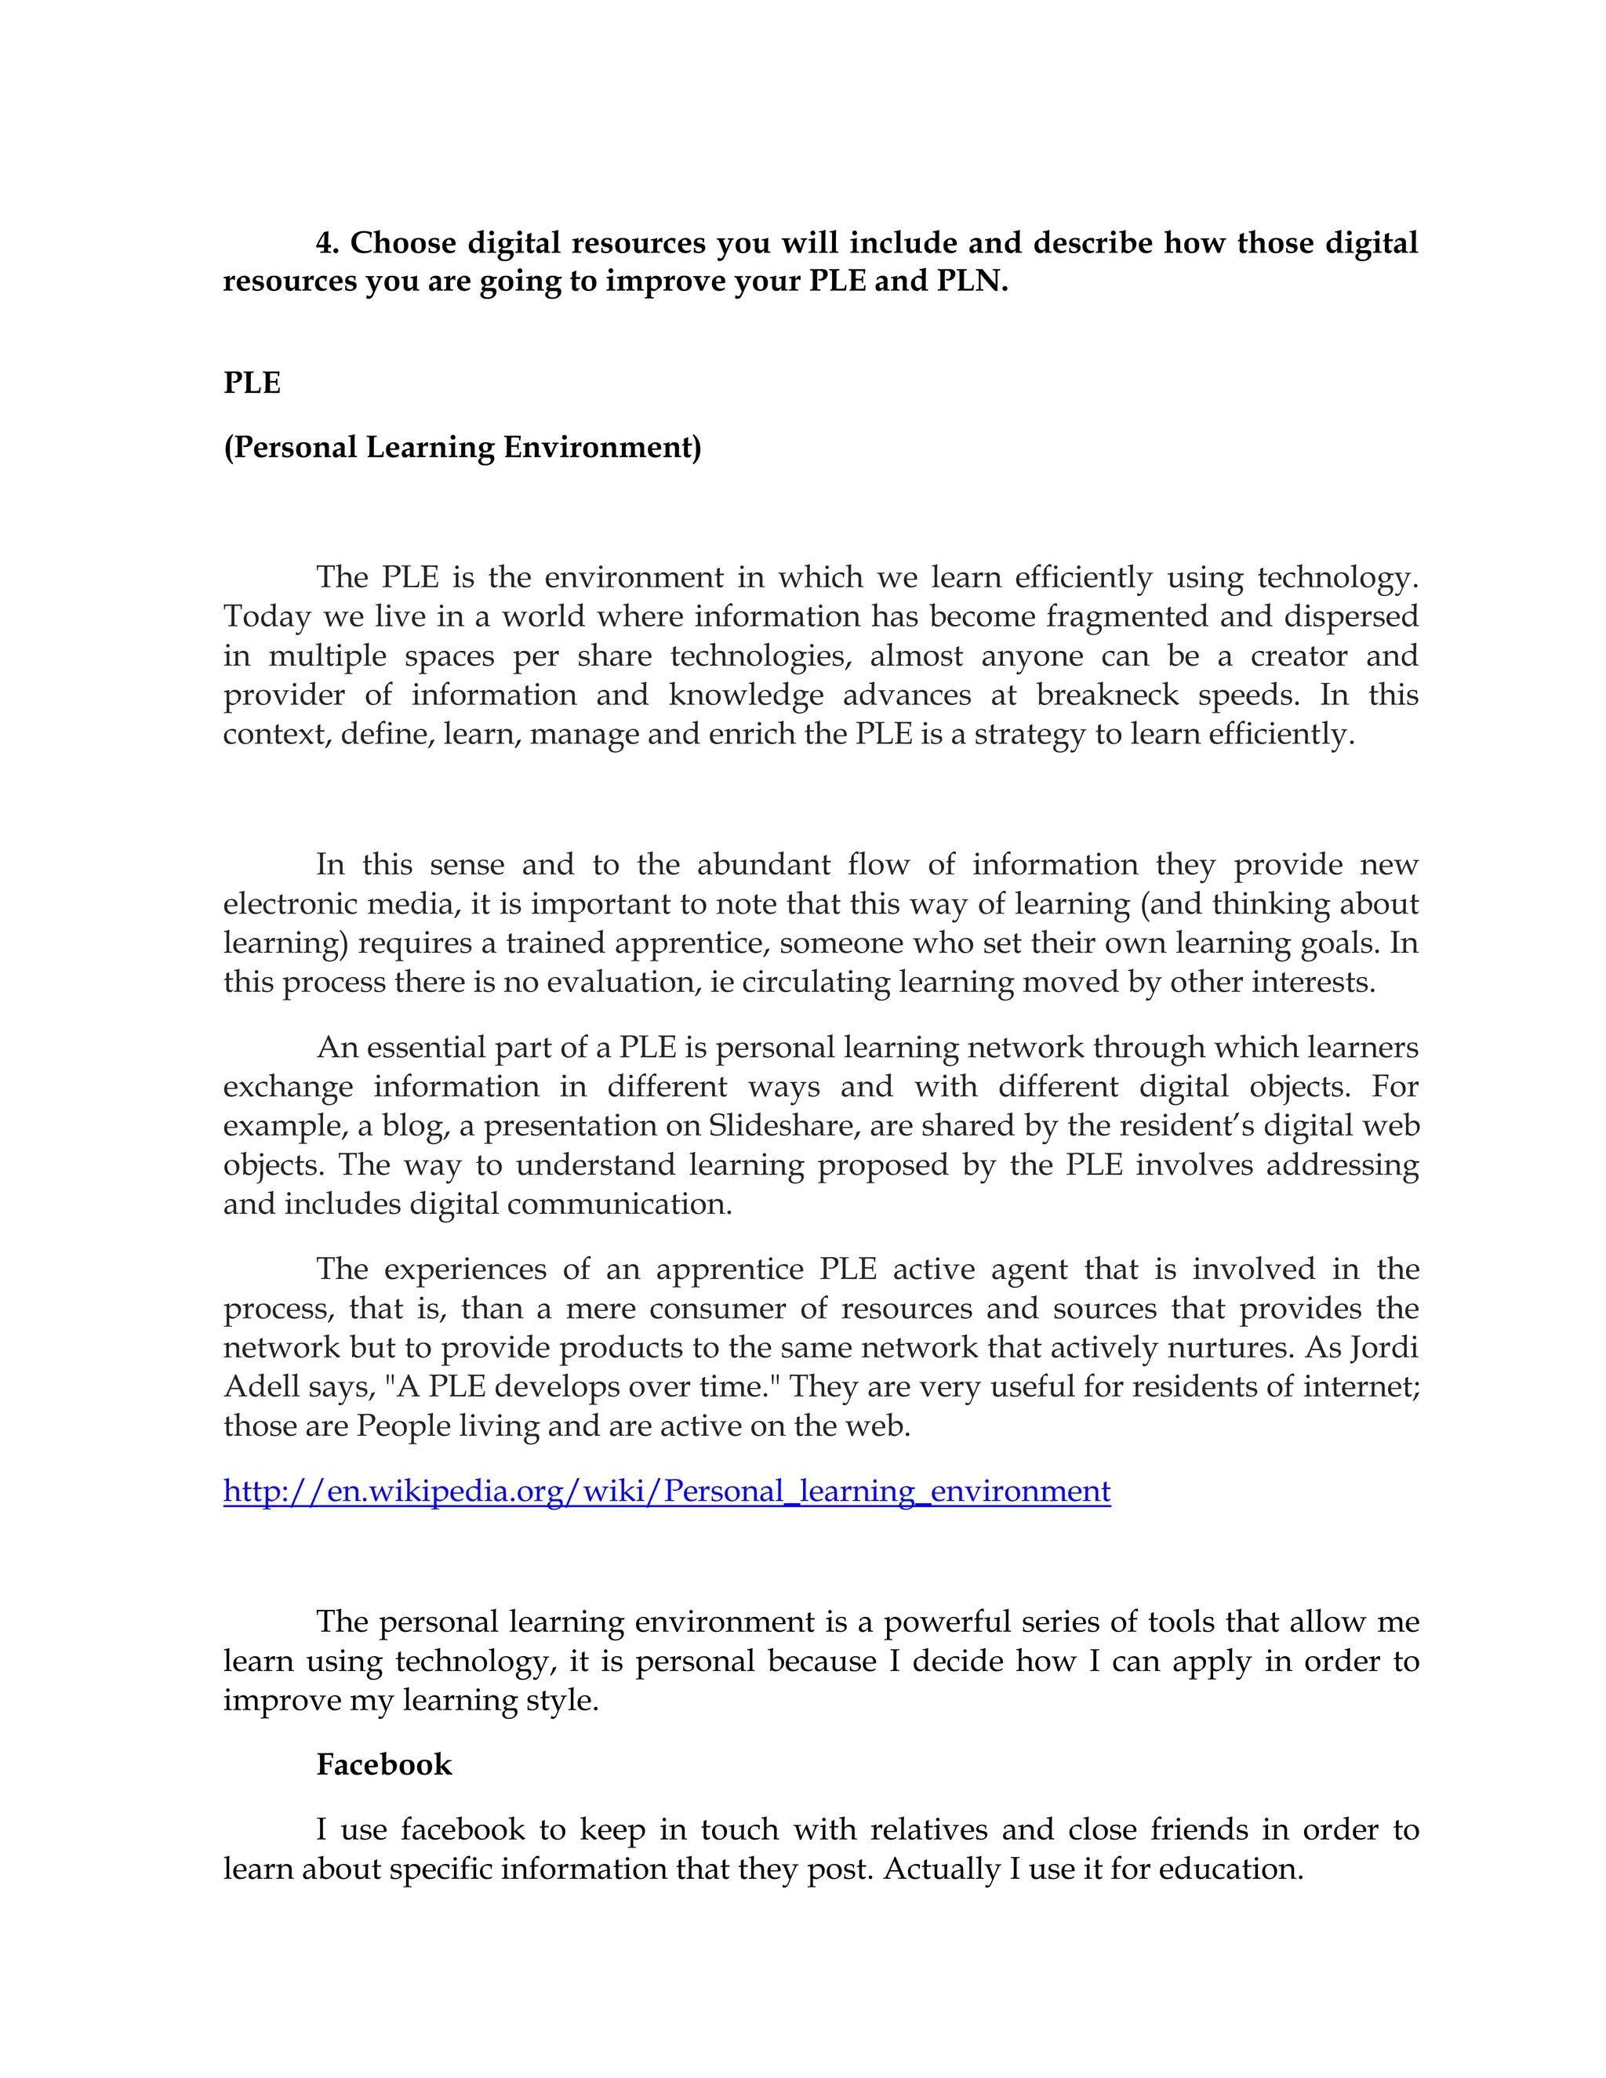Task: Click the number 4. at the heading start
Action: pos(329,244)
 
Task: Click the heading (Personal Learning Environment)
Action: pos(463,448)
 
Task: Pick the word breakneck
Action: pos(1107,696)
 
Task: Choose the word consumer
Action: pos(718,1310)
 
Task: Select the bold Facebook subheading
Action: pos(383,1765)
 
